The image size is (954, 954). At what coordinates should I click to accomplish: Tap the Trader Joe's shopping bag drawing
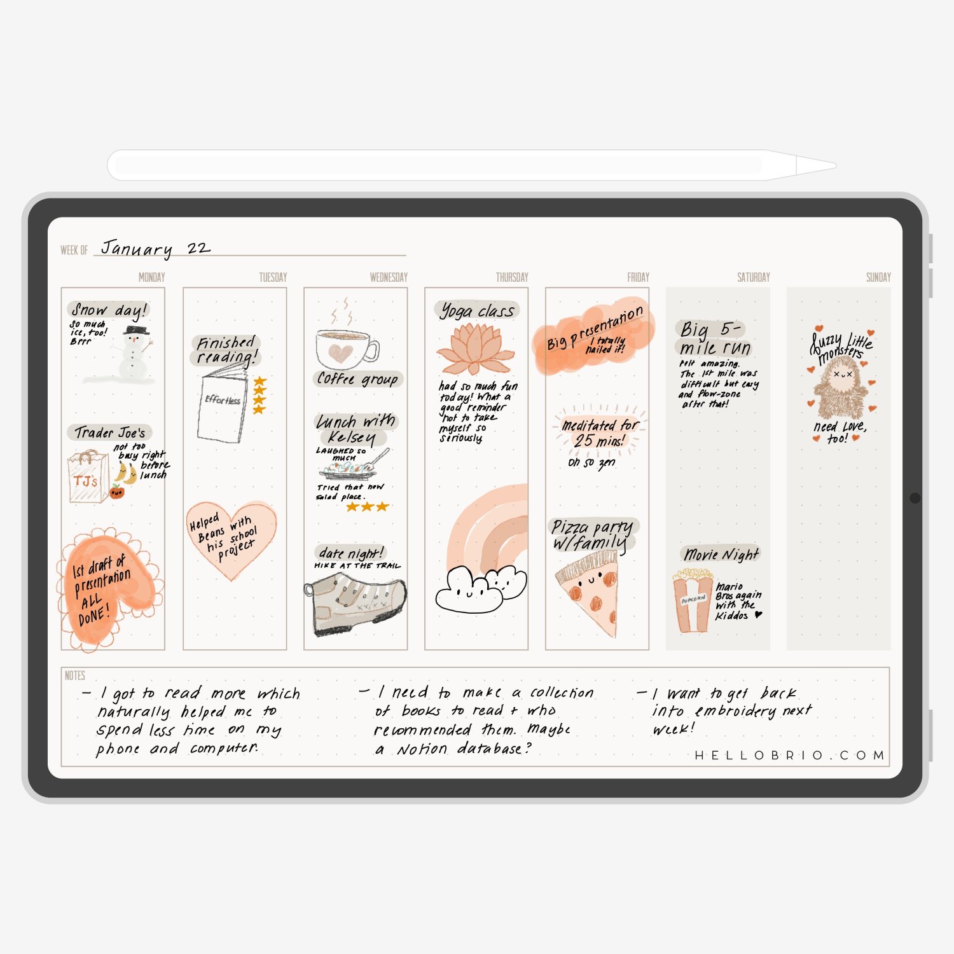[87, 477]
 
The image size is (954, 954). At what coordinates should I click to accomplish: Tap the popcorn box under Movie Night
[693, 601]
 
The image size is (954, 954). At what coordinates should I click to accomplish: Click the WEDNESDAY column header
[389, 277]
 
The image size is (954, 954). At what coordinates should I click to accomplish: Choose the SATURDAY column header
[754, 277]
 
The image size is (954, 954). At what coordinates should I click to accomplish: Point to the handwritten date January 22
[155, 248]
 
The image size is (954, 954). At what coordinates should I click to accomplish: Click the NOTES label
[75, 675]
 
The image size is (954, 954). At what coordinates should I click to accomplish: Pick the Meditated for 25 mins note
[600, 433]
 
